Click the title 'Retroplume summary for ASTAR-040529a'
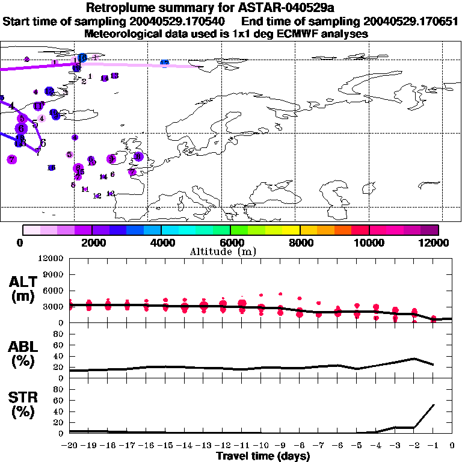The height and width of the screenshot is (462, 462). coord(230,8)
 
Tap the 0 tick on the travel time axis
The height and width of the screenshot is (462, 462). coord(452,446)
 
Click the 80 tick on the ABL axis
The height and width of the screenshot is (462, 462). coord(58,334)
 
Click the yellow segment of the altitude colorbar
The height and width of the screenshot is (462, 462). coord(291,230)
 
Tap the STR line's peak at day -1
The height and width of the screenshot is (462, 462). coord(433,405)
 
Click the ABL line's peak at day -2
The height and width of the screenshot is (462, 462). coord(414,359)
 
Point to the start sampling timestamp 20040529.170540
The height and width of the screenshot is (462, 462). coord(179,22)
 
